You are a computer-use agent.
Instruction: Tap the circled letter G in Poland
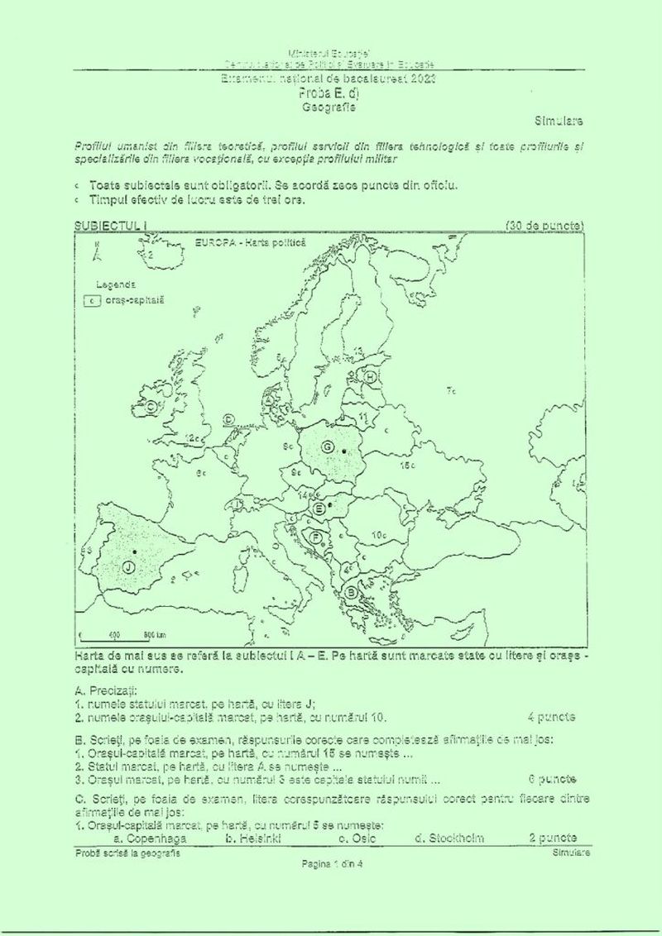pyautogui.click(x=328, y=447)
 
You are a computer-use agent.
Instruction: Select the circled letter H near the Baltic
pyautogui.click(x=371, y=378)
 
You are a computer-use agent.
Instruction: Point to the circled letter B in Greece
pyautogui.click(x=352, y=591)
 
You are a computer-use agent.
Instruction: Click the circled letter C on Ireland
pyautogui.click(x=151, y=406)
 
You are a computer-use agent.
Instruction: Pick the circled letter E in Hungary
pyautogui.click(x=319, y=509)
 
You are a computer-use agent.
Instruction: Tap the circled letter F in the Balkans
pyautogui.click(x=315, y=537)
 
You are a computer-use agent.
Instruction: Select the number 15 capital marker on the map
pyautogui.click(x=406, y=466)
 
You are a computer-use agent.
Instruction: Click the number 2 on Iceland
pyautogui.click(x=151, y=256)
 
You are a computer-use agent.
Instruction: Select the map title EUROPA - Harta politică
pyautogui.click(x=251, y=243)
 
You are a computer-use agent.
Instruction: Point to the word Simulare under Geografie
pyautogui.click(x=559, y=121)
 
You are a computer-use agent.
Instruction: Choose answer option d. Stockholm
pyautogui.click(x=449, y=838)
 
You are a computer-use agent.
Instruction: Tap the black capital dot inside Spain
pyautogui.click(x=134, y=551)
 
